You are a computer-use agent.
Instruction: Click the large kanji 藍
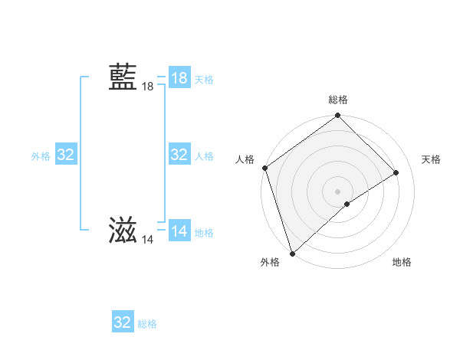coord(123,77)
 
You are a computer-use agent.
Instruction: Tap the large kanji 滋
coord(123,231)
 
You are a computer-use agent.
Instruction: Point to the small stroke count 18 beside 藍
coord(147,87)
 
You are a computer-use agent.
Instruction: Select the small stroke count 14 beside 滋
coord(147,240)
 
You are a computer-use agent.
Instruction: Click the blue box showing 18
coord(179,78)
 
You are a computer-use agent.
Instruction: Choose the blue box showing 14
coord(179,231)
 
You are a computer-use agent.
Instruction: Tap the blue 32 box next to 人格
coord(179,155)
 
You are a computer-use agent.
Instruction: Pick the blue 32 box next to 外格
coord(66,155)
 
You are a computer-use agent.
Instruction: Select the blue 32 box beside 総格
coord(123,322)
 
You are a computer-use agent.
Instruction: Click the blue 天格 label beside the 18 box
coord(204,80)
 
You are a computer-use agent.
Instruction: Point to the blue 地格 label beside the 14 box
coord(204,233)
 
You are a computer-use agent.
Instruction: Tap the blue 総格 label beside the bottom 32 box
coord(147,324)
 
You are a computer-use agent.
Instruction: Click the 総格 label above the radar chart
coord(338,100)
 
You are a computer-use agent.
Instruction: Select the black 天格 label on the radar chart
coord(431,159)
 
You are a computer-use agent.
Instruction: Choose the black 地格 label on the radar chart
coord(402,262)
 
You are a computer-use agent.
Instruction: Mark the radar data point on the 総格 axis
coord(338,116)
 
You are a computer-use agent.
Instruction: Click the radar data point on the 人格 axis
coord(264,168)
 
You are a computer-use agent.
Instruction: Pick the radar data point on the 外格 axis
coord(292,253)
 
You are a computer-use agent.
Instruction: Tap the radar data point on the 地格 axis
coord(347,204)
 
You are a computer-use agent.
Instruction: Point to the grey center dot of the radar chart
coord(338,191)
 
